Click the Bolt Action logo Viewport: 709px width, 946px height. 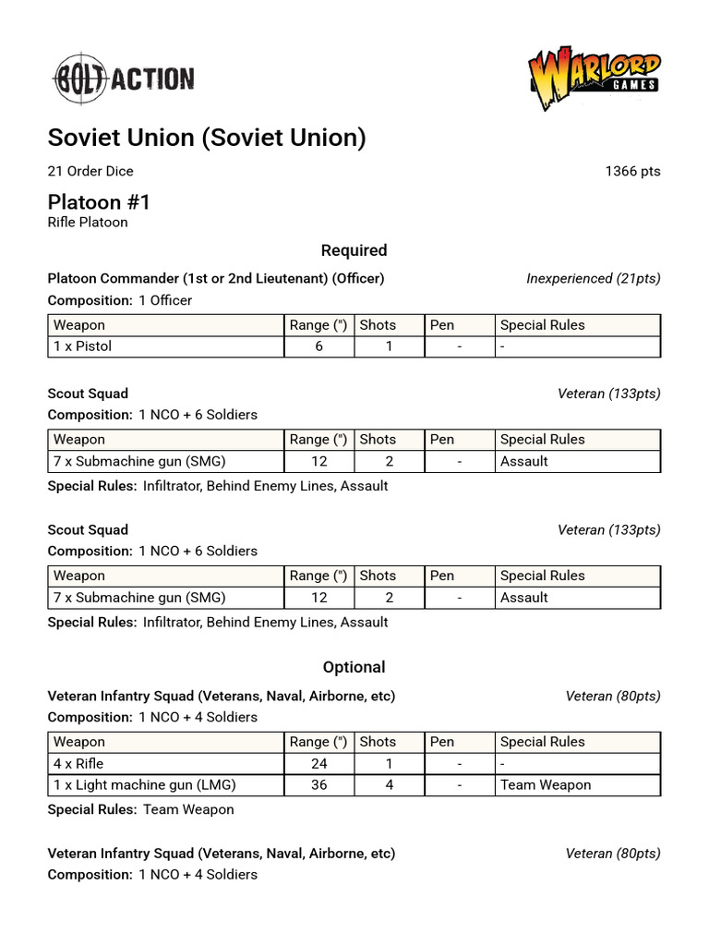pyautogui.click(x=122, y=79)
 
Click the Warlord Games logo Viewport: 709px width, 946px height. pyautogui.click(x=594, y=79)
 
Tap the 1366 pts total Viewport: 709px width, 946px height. pyautogui.click(x=632, y=171)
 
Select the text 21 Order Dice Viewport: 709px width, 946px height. pyautogui.click(x=90, y=171)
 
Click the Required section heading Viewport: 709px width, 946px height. pyautogui.click(x=354, y=250)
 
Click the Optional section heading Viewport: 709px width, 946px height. pyautogui.click(x=354, y=667)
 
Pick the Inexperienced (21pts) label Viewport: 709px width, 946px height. pyautogui.click(x=593, y=278)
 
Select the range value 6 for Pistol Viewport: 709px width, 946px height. pyautogui.click(x=318, y=346)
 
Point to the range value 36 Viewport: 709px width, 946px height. pyautogui.click(x=318, y=785)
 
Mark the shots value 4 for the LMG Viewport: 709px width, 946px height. pyautogui.click(x=389, y=785)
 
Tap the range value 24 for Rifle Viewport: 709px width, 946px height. pyautogui.click(x=318, y=763)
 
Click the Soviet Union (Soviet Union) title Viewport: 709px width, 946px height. pyautogui.click(x=207, y=138)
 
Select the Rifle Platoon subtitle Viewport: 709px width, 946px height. pyautogui.click(x=88, y=223)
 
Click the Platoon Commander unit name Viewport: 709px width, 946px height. pyautogui.click(x=216, y=278)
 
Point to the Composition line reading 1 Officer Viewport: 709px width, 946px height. pyautogui.click(x=120, y=300)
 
